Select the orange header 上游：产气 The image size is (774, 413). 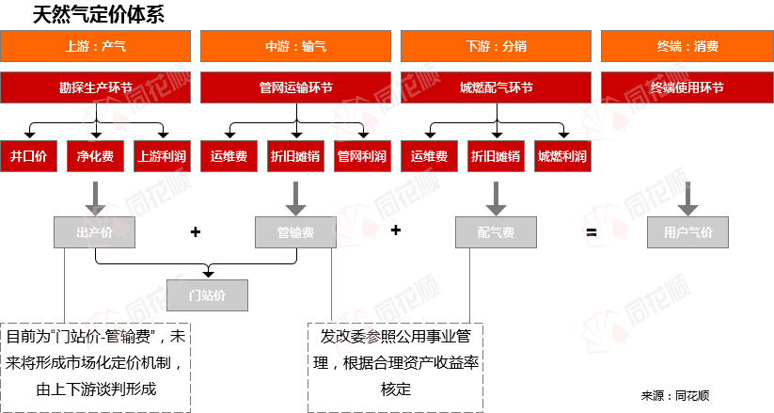tap(95, 45)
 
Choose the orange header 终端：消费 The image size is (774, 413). tap(687, 45)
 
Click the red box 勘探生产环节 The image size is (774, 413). tap(95, 87)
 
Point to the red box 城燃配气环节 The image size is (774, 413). tap(496, 87)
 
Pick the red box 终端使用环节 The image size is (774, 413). tap(687, 87)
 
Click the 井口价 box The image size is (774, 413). tap(28, 157)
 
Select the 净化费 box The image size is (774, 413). tap(95, 157)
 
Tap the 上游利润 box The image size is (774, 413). tap(162, 157)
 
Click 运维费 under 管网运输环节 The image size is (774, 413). tap(229, 157)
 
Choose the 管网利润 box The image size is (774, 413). tap(361, 157)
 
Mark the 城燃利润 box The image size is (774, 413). tap(562, 157)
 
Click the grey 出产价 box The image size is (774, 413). tap(94, 231)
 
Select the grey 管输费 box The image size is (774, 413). tap(295, 231)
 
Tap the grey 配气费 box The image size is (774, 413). tap(496, 231)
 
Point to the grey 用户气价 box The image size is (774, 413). tap(687, 231)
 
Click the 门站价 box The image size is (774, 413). tap(207, 294)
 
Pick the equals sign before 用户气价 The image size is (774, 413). tap(592, 231)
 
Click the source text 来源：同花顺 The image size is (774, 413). tap(675, 396)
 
